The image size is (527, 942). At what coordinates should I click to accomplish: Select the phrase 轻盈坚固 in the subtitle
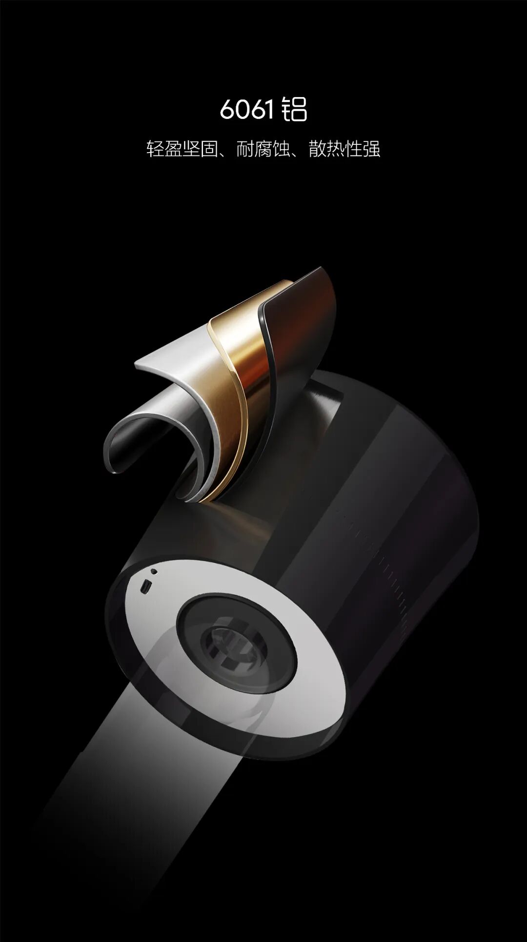click(182, 149)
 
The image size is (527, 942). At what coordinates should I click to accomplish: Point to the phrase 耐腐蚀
click(263, 149)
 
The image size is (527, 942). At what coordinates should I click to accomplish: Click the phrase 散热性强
click(345, 149)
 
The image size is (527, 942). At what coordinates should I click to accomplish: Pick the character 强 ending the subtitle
click(372, 149)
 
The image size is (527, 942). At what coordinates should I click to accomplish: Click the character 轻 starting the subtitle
click(155, 149)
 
